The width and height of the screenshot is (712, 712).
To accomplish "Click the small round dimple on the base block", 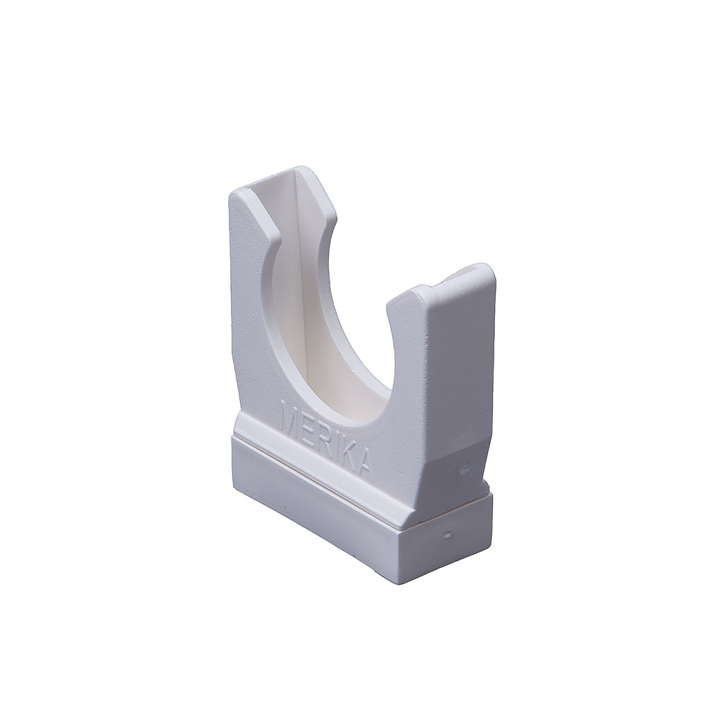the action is (x=448, y=534).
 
